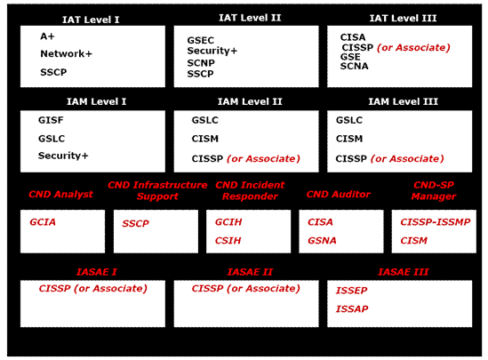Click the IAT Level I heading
tap(91, 20)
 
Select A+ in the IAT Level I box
tap(47, 36)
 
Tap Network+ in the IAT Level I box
tap(67, 53)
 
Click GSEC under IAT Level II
tap(200, 40)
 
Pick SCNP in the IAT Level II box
tap(201, 63)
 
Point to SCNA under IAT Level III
tap(354, 66)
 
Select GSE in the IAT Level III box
tap(350, 57)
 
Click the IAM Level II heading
tap(250, 101)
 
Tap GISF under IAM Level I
tap(51, 120)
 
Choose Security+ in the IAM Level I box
tap(63, 156)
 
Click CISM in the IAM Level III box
tap(349, 139)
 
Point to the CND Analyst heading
tap(60, 194)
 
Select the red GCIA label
tap(43, 222)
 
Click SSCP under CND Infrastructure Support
tap(135, 223)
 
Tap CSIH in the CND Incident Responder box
tap(228, 241)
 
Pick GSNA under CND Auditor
tap(322, 241)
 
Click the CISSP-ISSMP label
tap(435, 222)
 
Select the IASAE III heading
tap(404, 272)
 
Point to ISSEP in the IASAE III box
tap(351, 291)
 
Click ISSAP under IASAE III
tap(352, 309)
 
